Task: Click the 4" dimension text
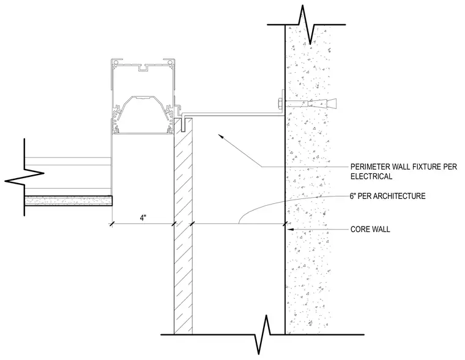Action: click(143, 218)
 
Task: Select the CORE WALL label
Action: click(370, 230)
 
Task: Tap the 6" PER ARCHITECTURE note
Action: click(387, 196)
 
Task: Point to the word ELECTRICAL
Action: click(371, 176)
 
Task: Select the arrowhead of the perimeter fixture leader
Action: click(221, 136)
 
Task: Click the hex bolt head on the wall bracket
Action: click(280, 104)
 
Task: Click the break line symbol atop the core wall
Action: click(307, 24)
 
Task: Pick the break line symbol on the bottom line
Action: click(262, 334)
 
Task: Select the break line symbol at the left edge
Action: click(24, 176)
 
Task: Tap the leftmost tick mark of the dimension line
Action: click(112, 224)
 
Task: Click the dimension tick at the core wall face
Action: click(285, 224)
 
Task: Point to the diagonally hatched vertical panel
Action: click(183, 226)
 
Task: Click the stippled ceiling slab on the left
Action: click(69, 201)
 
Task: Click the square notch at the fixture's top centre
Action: click(143, 68)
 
